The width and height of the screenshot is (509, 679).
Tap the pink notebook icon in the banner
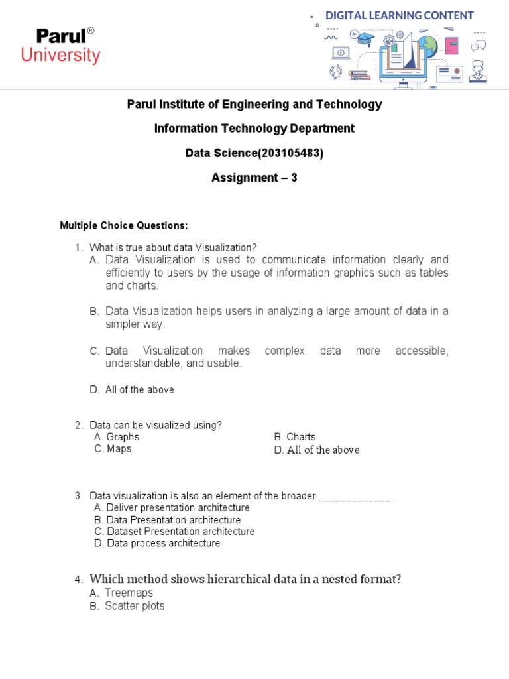coord(452,46)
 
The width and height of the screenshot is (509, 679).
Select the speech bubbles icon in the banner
coord(478,46)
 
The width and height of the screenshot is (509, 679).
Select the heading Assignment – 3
coord(254,178)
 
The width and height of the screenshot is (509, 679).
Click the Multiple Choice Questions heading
coord(124,226)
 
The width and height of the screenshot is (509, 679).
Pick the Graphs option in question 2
coord(123,437)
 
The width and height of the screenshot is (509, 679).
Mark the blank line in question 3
coord(355,496)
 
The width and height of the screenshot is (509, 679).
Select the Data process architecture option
coord(163,544)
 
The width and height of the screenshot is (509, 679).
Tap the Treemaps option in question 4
coord(129,593)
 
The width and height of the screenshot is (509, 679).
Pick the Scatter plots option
coord(135,606)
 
